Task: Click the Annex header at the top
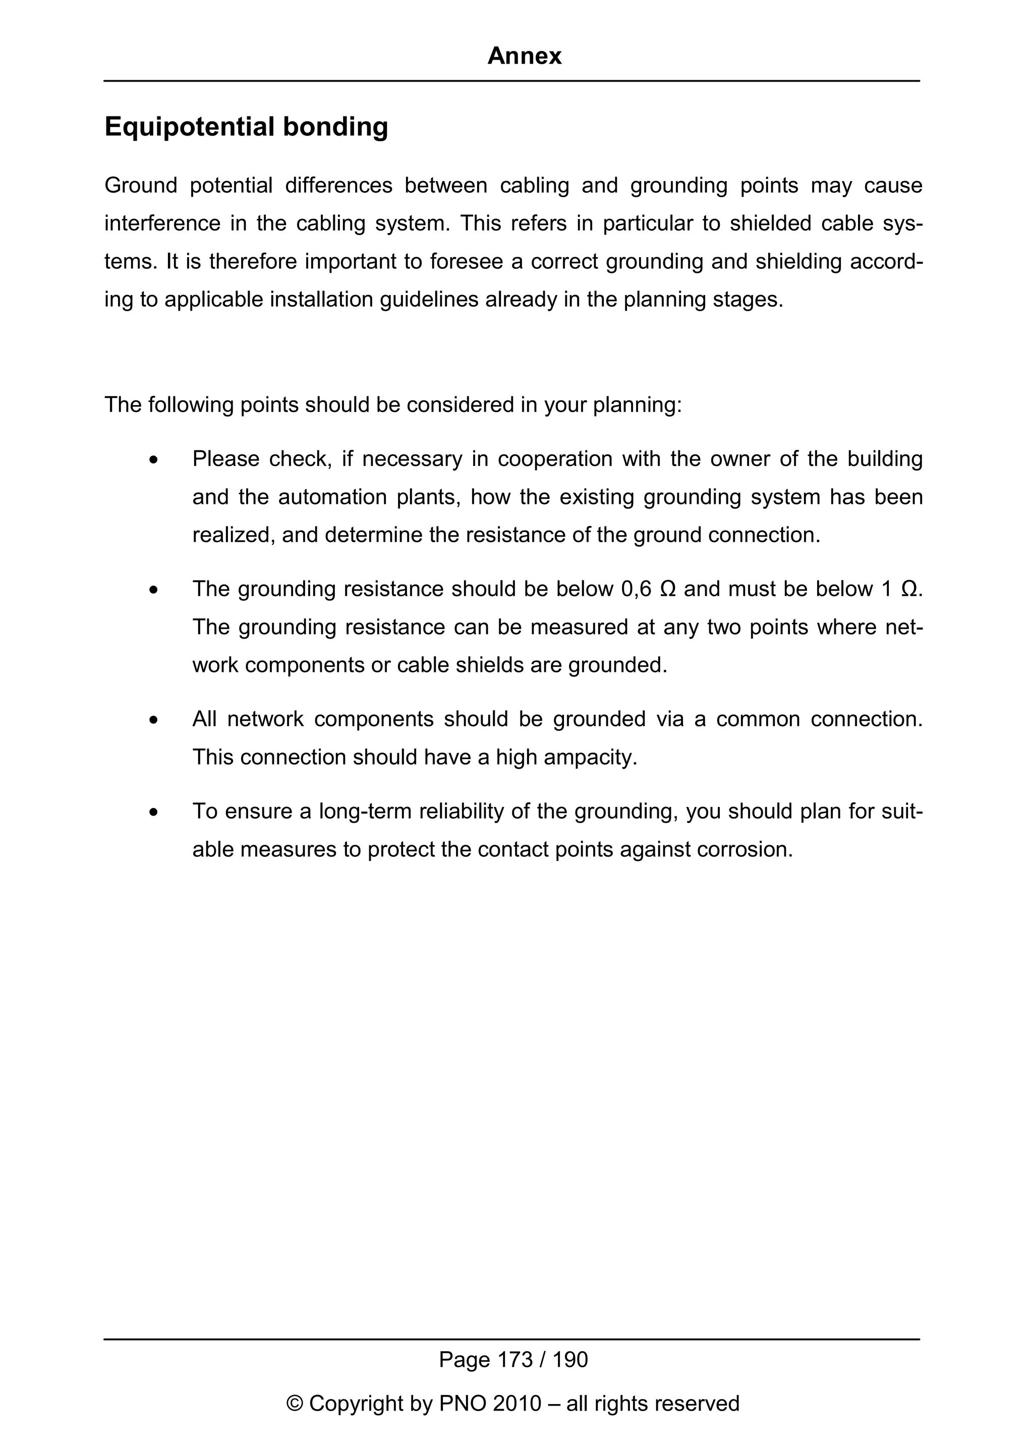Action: pos(524,56)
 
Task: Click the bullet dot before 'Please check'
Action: pos(153,460)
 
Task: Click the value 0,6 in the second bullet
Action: pos(636,589)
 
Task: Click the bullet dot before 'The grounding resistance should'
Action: pos(153,590)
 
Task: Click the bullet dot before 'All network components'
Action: pos(153,721)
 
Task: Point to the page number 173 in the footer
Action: pos(515,1360)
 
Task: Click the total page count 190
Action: pos(570,1360)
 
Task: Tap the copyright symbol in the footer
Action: pos(295,1403)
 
